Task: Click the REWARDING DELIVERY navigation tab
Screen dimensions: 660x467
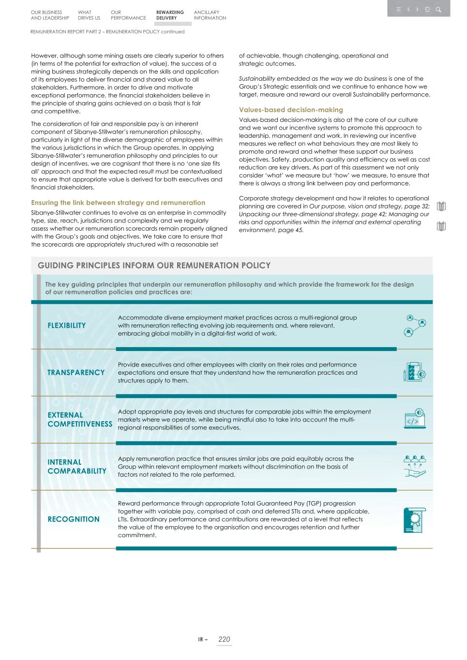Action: click(x=170, y=15)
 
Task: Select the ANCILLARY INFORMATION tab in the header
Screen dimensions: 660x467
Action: click(x=210, y=15)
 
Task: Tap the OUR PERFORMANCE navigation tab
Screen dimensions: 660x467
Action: click(x=128, y=15)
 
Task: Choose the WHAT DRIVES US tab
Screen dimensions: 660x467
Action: click(x=89, y=15)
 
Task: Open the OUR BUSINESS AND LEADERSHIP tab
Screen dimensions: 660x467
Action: click(x=50, y=15)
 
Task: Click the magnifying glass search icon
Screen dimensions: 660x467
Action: click(x=438, y=9)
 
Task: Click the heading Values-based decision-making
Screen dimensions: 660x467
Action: click(x=291, y=110)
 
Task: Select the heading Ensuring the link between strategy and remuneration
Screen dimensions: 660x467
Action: click(x=118, y=203)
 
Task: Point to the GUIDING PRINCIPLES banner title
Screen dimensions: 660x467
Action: click(x=154, y=265)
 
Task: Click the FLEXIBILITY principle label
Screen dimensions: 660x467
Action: click(x=66, y=325)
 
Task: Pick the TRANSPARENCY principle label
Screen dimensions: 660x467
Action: click(x=76, y=372)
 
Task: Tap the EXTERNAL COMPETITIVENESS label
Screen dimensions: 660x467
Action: click(x=79, y=419)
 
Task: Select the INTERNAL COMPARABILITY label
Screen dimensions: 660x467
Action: click(x=76, y=467)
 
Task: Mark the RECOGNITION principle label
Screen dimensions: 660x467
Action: click(x=73, y=519)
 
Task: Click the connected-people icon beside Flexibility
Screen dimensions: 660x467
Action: click(x=415, y=325)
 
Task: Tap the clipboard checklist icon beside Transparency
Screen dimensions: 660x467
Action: click(x=415, y=372)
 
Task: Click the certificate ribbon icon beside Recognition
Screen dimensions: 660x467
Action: click(x=415, y=520)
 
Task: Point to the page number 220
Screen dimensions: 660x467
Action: click(x=224, y=639)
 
